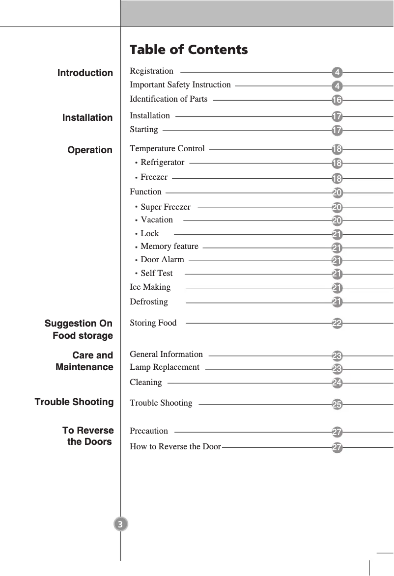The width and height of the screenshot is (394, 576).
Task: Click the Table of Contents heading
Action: [189, 50]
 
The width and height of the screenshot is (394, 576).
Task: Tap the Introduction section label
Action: [85, 73]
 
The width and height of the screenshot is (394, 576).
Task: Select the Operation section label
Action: [90, 150]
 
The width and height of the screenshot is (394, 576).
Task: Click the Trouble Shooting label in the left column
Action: [74, 402]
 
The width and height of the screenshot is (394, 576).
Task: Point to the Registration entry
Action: [151, 71]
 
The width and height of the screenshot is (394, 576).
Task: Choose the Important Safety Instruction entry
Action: [180, 85]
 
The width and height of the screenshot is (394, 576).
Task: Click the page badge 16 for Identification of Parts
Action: [337, 100]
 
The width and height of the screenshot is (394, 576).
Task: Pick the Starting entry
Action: [144, 130]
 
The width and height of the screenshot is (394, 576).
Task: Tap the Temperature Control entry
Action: [167, 148]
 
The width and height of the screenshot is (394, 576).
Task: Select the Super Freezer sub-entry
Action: [165, 207]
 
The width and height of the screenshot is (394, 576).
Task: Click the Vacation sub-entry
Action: [157, 219]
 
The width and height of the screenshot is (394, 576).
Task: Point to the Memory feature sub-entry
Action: [169, 247]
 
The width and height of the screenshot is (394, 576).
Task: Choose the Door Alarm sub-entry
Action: [162, 260]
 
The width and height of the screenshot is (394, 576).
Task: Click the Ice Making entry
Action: [150, 287]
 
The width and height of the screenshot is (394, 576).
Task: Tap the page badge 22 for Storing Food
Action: [337, 324]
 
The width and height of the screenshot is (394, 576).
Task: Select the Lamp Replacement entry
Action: [164, 367]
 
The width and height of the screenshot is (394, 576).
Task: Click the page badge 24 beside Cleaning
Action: [337, 382]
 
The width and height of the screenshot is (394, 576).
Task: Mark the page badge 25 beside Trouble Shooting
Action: [337, 405]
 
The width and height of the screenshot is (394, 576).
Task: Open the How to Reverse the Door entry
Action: [175, 447]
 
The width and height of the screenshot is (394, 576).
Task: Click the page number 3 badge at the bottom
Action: [120, 524]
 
